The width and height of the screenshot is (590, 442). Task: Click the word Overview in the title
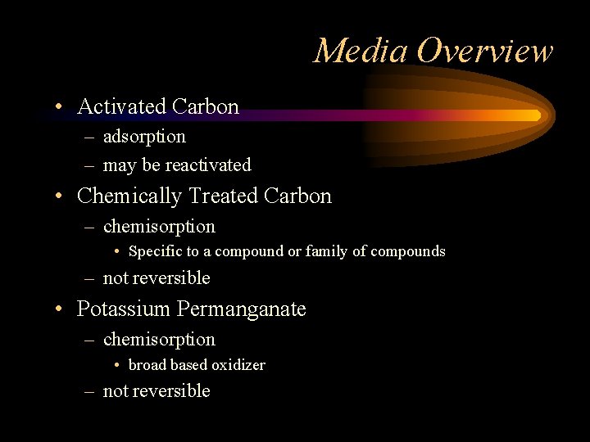point(484,51)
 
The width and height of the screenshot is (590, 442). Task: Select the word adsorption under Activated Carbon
point(144,137)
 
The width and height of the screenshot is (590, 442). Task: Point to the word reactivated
point(208,165)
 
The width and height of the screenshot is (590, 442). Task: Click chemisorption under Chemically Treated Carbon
point(159,227)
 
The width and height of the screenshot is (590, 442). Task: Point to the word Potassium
point(123,309)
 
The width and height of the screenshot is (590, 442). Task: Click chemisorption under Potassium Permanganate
point(159,340)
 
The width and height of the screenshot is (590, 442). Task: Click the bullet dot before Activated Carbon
point(61,107)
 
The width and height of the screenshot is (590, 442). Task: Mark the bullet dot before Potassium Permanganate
point(61,309)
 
